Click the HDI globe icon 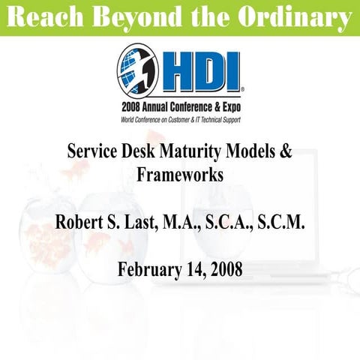tap(136, 70)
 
